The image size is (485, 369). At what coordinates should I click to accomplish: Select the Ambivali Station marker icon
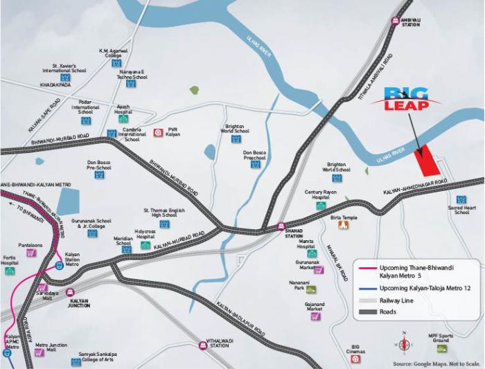click(x=396, y=21)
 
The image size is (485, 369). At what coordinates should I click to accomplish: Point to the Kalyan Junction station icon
click(x=70, y=293)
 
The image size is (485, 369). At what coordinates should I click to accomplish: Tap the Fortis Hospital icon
click(x=10, y=271)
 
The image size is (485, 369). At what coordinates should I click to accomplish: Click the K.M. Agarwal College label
click(x=114, y=53)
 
